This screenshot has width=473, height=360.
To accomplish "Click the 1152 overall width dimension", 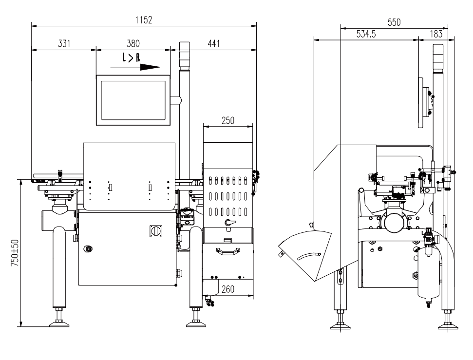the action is (x=144, y=20).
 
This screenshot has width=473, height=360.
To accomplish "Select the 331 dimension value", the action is (x=64, y=43).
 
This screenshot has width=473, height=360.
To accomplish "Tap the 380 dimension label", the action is (x=133, y=43).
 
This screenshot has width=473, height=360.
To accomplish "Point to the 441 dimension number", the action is (x=213, y=43).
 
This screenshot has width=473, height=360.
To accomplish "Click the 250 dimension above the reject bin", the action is (x=228, y=121).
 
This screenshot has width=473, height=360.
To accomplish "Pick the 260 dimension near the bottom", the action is (x=228, y=289).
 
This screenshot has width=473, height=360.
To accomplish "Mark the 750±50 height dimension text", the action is (x=15, y=253).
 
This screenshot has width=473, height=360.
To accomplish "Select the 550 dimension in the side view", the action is (x=394, y=22).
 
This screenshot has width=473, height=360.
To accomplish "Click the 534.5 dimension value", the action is (x=366, y=34).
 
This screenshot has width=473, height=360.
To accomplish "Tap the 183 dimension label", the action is (x=436, y=34).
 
